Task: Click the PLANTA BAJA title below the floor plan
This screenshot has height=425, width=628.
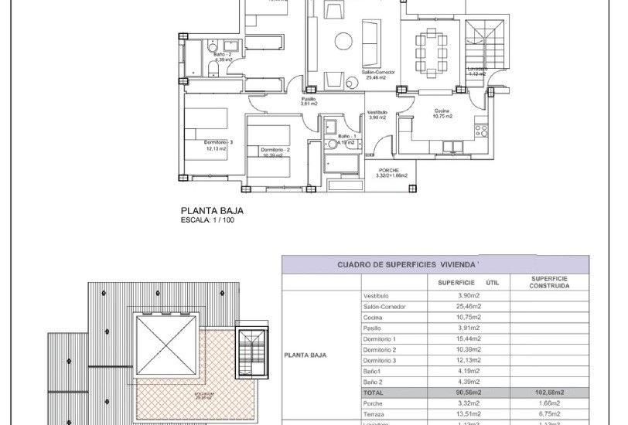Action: click(206, 209)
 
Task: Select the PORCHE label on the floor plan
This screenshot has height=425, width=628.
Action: click(387, 170)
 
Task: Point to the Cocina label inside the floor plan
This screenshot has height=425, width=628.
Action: click(442, 112)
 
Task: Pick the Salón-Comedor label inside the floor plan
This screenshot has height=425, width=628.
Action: click(380, 72)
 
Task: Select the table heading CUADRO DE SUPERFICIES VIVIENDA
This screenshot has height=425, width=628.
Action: click(408, 264)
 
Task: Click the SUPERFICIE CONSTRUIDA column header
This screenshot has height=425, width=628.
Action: click(551, 282)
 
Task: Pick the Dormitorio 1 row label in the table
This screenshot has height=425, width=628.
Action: click(380, 338)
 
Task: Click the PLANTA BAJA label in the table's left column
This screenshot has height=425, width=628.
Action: click(305, 356)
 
